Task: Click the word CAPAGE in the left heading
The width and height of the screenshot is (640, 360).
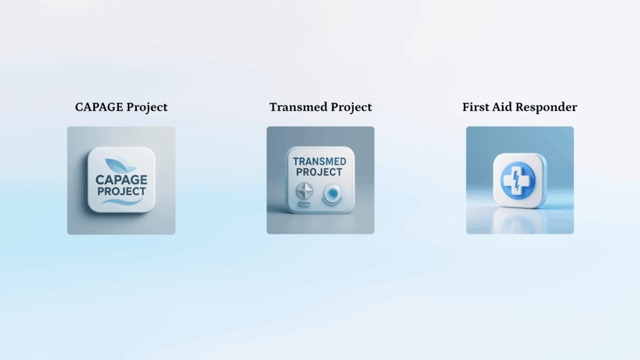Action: pyautogui.click(x=99, y=107)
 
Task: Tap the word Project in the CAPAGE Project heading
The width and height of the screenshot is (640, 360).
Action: pyautogui.click(x=147, y=107)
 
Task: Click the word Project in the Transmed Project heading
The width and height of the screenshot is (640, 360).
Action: pyautogui.click(x=351, y=107)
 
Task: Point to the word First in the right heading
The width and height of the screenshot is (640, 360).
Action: pyautogui.click(x=476, y=107)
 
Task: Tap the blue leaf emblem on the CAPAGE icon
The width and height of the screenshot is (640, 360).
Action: pyautogui.click(x=120, y=165)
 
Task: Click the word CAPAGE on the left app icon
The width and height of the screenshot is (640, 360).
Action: pyautogui.click(x=121, y=179)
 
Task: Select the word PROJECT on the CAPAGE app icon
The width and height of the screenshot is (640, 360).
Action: pyautogui.click(x=121, y=191)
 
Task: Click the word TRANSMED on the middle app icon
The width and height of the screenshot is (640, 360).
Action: pyautogui.click(x=319, y=162)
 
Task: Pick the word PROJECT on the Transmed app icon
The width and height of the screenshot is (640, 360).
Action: pyautogui.click(x=319, y=172)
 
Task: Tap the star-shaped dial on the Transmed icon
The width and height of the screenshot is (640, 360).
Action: pyautogui.click(x=304, y=191)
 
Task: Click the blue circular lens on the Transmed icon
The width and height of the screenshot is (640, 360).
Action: pyautogui.click(x=333, y=194)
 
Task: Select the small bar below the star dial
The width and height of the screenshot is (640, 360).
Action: pyautogui.click(x=304, y=204)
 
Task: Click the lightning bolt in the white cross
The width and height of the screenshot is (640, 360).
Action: pyautogui.click(x=517, y=181)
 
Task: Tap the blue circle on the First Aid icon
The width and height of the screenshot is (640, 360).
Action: pyautogui.click(x=518, y=181)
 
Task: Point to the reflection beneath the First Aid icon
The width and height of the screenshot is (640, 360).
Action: pyautogui.click(x=519, y=221)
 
